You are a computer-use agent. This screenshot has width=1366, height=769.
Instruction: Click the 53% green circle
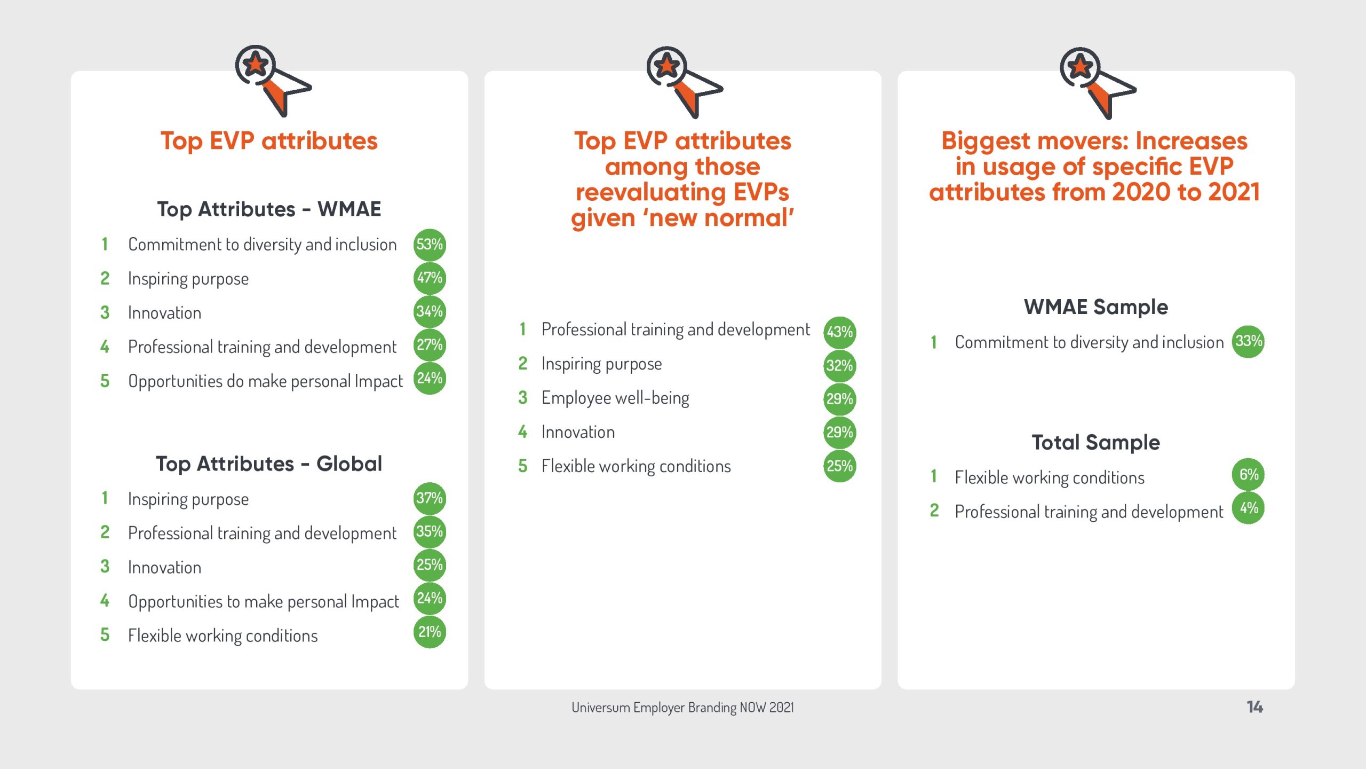point(430,245)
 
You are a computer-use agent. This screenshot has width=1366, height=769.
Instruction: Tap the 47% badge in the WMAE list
point(430,278)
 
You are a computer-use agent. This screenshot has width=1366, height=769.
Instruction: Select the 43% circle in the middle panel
point(840,332)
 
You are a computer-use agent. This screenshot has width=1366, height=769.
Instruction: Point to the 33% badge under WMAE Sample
point(1249,341)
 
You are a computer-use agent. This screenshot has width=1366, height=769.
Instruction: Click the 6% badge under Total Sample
point(1249,474)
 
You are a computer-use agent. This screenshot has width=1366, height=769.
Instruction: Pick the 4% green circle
point(1249,508)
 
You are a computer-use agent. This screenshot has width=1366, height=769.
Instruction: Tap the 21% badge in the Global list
point(430,632)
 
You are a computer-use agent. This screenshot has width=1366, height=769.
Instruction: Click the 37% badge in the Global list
point(430,498)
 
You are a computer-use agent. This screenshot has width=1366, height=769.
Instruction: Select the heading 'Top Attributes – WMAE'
point(269,209)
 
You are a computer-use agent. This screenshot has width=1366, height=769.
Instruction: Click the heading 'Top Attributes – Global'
point(269,464)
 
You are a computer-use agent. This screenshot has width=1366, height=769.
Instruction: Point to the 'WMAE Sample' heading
point(1096,307)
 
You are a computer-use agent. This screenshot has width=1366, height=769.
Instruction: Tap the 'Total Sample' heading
point(1096,443)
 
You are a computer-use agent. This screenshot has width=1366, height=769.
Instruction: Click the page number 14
point(1255,707)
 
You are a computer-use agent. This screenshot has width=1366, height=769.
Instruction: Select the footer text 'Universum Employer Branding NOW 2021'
point(682,708)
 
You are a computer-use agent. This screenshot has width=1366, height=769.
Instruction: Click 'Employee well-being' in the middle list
point(615,398)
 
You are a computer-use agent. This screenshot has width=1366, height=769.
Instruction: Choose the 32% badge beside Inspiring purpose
point(840,366)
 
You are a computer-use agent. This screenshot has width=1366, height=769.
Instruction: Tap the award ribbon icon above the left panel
point(273,80)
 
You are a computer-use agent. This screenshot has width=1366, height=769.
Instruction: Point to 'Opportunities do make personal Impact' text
point(265,381)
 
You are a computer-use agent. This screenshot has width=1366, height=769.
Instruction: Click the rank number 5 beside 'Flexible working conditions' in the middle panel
point(523,466)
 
